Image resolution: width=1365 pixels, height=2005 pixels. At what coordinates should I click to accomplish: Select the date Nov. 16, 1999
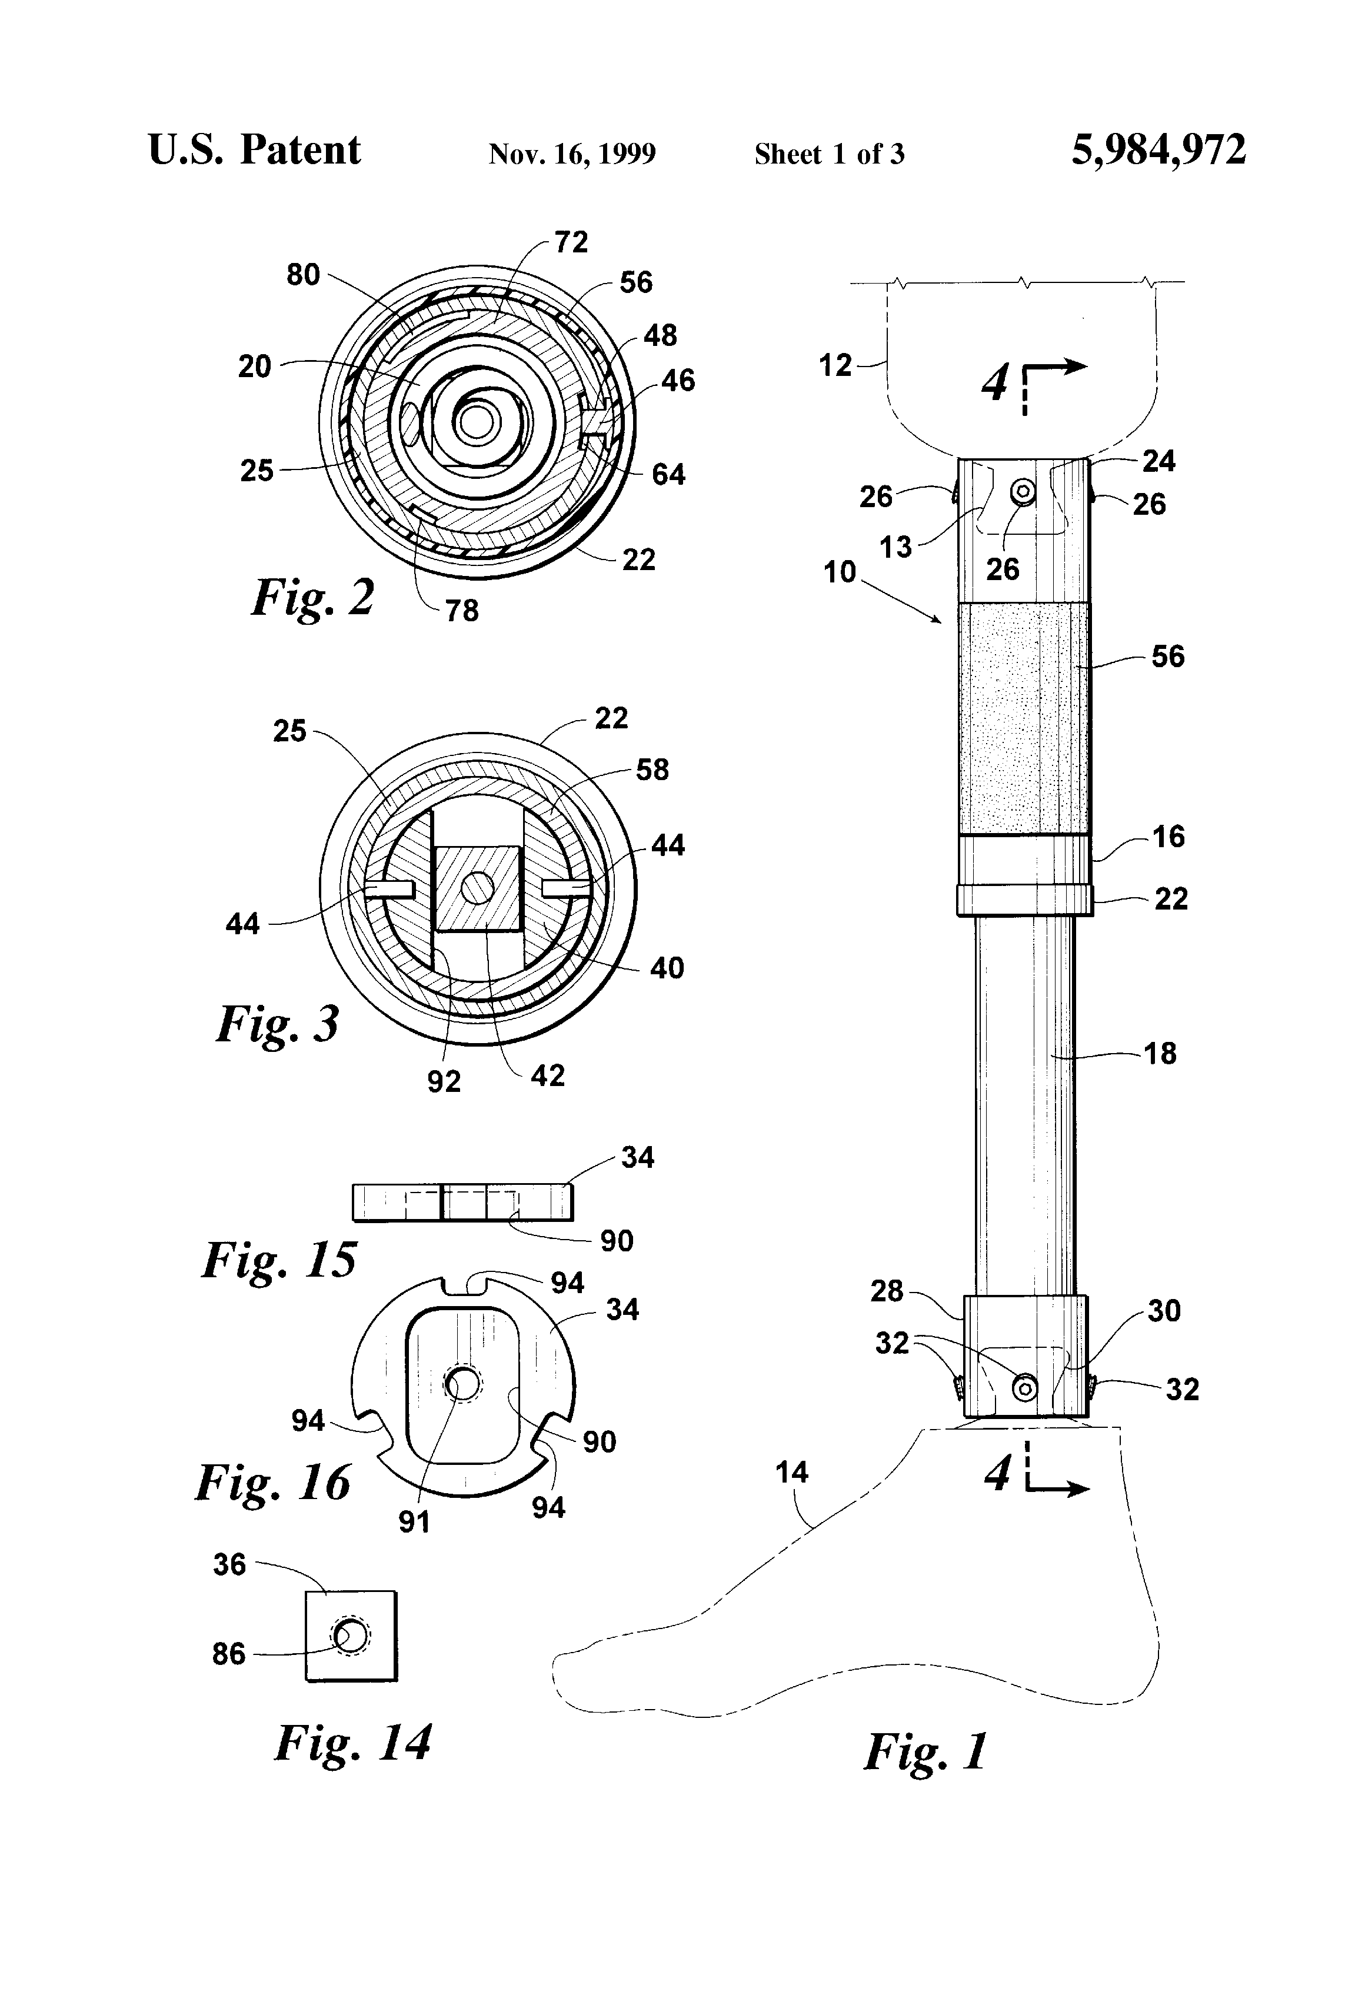point(572,154)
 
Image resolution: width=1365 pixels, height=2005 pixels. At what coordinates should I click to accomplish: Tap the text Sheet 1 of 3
point(829,154)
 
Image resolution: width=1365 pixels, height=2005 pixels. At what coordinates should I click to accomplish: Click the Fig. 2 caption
point(313,597)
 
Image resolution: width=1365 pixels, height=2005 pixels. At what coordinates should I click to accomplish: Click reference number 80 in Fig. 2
point(303,275)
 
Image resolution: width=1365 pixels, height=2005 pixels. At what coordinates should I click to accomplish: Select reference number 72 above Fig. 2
point(571,242)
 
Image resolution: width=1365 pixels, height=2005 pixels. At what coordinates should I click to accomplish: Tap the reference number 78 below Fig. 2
point(462,611)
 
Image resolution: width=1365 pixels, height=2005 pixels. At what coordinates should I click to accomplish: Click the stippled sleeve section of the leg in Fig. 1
point(1023,718)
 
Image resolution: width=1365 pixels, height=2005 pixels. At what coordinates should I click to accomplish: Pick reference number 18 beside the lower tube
point(1160,1054)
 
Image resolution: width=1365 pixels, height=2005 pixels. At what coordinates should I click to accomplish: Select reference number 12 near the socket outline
point(835,366)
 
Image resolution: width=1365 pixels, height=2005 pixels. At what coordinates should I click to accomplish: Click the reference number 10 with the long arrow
point(840,572)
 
